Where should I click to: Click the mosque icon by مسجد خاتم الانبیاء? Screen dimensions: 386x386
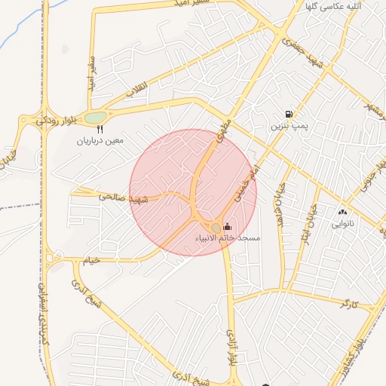click(228, 226)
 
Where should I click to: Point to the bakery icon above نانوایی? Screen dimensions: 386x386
click(342, 213)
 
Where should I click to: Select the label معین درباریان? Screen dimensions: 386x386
click(99, 141)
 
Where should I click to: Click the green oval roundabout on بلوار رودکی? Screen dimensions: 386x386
click(96, 118)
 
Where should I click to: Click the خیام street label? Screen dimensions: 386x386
click(91, 260)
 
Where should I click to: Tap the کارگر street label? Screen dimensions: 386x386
click(348, 305)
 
